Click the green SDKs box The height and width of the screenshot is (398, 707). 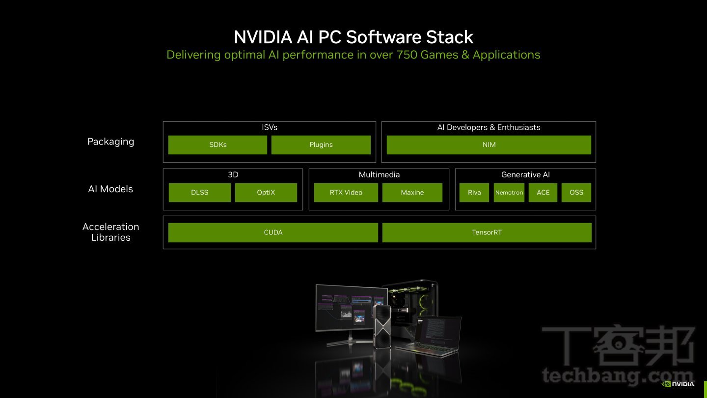point(218,145)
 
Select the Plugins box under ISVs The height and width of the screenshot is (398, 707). point(321,145)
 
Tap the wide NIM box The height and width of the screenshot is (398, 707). point(489,145)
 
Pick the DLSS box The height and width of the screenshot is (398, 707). point(200,193)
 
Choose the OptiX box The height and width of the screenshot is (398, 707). point(266,193)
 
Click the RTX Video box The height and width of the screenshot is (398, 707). point(346,193)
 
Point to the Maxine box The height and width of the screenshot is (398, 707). point(412,193)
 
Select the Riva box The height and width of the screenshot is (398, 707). point(474,193)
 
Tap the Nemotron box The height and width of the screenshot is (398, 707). point(509,193)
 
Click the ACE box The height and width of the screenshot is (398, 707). point(543,193)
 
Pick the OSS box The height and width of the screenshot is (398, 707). point(576,193)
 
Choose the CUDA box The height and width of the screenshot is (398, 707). point(273,232)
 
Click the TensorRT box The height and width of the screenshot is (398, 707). point(487,232)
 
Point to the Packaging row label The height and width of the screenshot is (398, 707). point(110,142)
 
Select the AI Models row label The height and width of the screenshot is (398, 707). point(110,189)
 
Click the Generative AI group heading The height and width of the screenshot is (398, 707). point(525,175)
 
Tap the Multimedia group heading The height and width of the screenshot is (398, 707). point(379,175)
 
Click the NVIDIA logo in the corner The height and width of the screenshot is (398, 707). point(678,384)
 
